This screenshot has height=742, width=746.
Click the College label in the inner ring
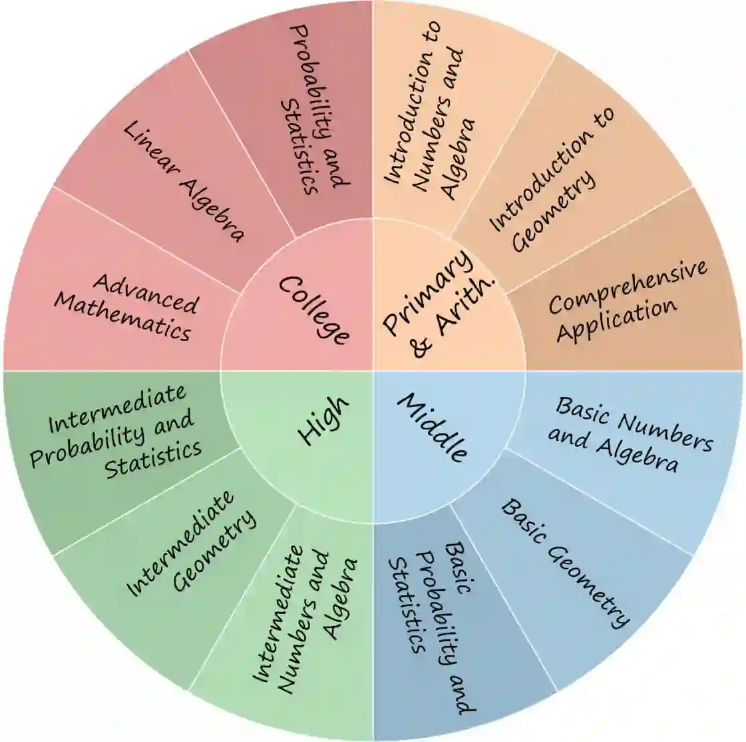point(313,310)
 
